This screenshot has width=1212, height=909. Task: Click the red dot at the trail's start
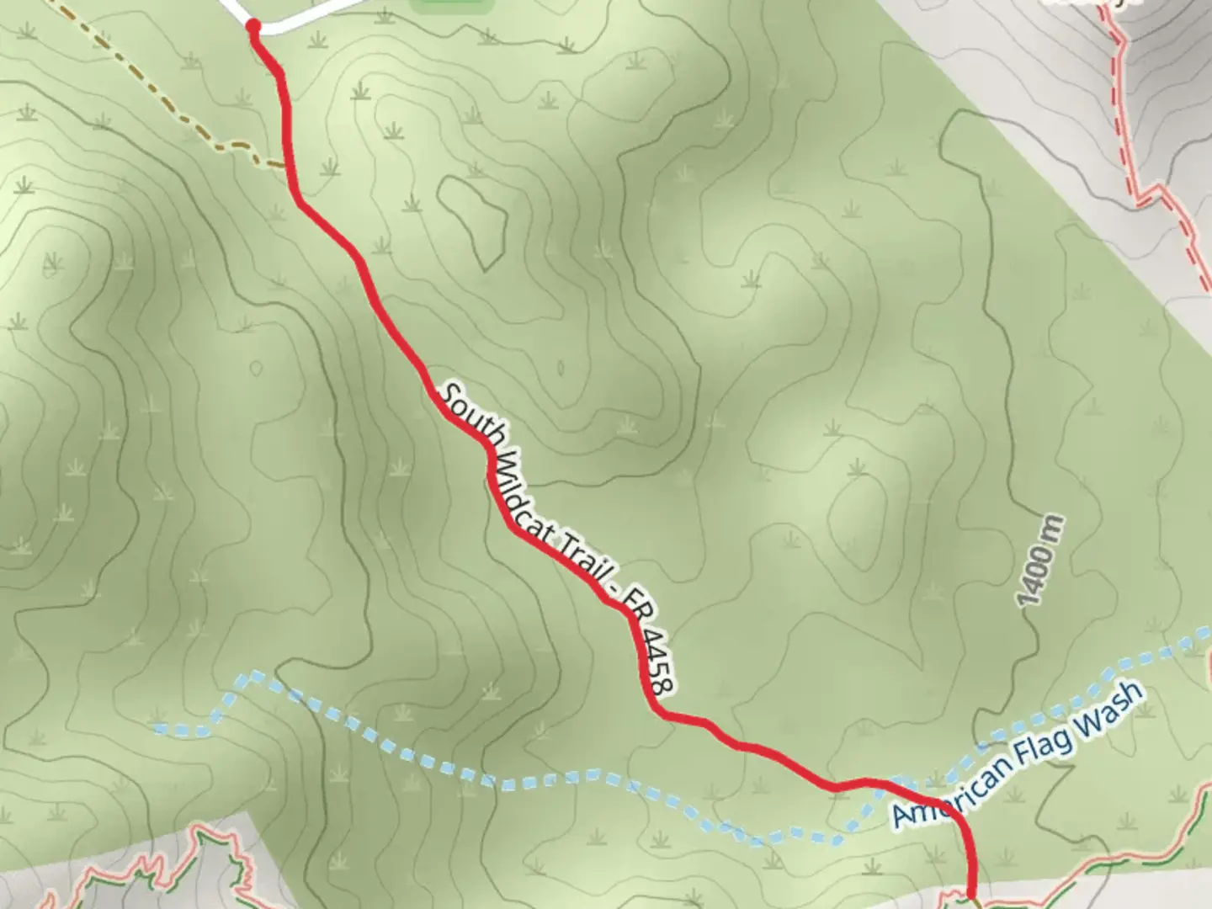coord(252,28)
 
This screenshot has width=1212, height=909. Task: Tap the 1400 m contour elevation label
coord(1041,562)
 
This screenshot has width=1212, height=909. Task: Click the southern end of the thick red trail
coord(972,897)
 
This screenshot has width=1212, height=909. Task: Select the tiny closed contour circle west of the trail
coord(255,368)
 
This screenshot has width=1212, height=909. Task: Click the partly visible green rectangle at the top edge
coord(452,5)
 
